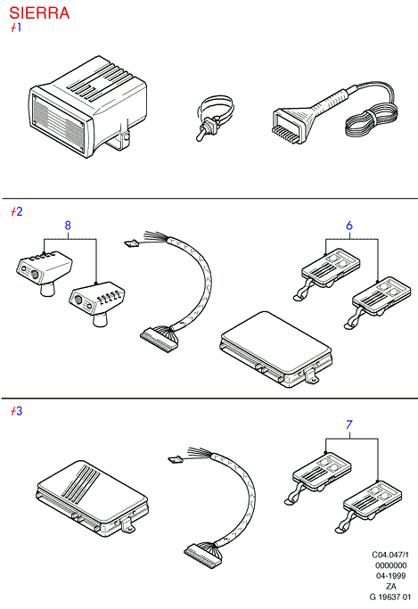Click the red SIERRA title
coord(39,12)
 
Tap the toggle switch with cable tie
coord(214,118)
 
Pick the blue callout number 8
coord(68,226)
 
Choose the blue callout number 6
coord(349,226)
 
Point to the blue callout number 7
coord(349,424)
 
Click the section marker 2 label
coord(17,211)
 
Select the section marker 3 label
coord(17,411)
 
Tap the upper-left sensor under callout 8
coord(44,273)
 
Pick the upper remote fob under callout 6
coord(327,273)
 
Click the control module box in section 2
coord(275,349)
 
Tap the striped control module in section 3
coord(92,498)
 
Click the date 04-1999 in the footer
coord(391,576)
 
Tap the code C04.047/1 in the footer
coord(390,555)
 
